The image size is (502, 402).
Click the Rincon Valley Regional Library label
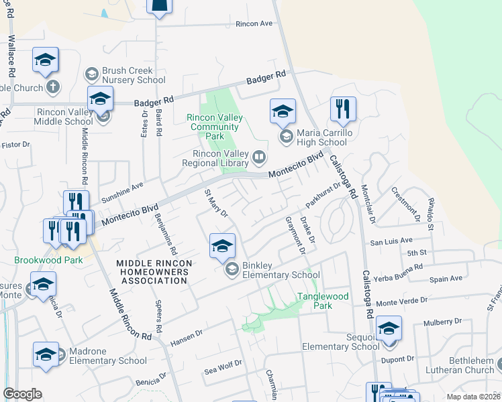(221, 158)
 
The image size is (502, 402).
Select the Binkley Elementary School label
(281, 270)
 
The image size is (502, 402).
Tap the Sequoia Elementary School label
(341, 342)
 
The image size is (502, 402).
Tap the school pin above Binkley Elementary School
(222, 245)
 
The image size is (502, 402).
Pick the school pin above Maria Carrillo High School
(283, 111)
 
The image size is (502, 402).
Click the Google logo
(23, 394)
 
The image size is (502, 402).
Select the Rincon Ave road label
(254, 23)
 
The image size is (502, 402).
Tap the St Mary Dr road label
(216, 204)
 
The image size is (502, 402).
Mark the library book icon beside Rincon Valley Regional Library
(259, 158)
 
